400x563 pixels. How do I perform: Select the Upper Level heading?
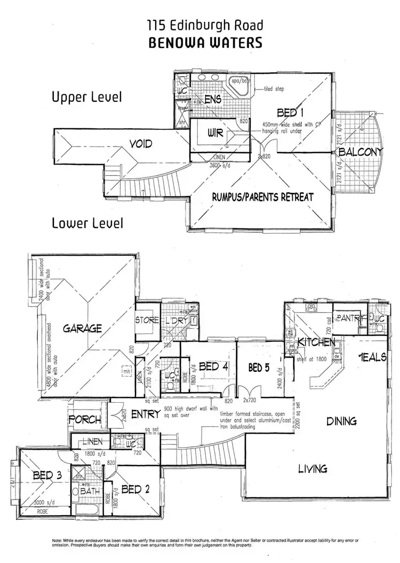tap(87, 97)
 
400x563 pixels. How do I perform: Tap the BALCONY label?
tap(361, 152)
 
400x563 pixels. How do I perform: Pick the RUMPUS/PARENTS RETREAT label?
tap(263, 197)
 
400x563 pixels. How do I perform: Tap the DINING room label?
tap(341, 421)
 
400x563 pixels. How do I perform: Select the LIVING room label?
tap(313, 469)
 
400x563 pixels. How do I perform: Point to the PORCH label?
tap(85, 420)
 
